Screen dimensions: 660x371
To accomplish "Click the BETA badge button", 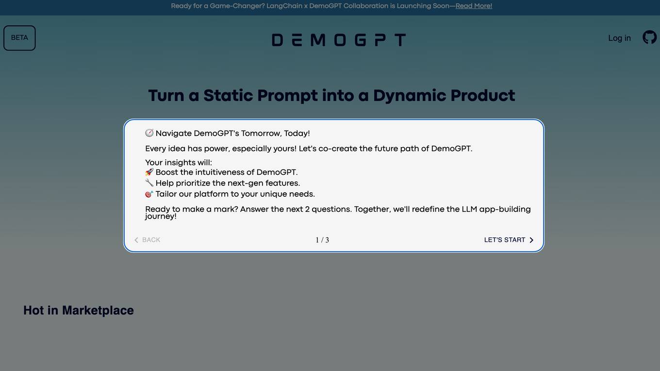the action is point(19,38).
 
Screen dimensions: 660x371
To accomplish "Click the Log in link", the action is point(619,38).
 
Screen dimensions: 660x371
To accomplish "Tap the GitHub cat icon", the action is point(649,37).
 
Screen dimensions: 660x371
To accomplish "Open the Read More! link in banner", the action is point(474,6).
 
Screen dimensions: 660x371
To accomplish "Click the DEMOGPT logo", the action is point(339,40).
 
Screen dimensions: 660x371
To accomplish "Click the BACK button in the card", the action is point(148,240).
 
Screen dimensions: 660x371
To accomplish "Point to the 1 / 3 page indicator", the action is point(322,240).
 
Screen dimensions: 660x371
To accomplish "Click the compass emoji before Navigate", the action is point(149,133).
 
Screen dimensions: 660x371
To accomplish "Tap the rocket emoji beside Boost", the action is point(149,172).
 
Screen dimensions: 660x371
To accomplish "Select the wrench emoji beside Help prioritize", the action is point(149,183).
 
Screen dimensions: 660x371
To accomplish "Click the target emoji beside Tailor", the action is point(149,194).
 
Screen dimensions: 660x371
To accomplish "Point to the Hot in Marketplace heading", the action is point(79,310).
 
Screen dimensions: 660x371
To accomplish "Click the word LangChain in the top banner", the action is point(284,6).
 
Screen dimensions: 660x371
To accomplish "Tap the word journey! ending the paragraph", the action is point(161,217).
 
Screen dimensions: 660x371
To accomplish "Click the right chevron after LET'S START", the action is point(531,240).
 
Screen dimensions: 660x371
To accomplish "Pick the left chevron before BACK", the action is point(136,240).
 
